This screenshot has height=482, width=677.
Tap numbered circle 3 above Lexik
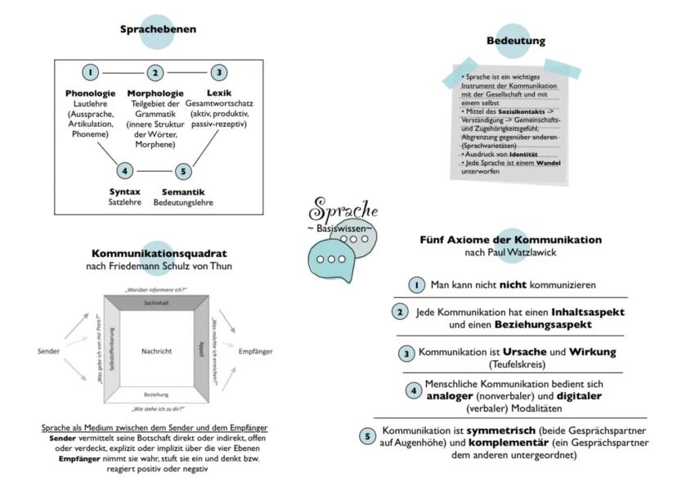[217, 73]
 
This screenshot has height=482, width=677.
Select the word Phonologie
[92, 92]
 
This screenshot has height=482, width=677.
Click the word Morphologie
[155, 92]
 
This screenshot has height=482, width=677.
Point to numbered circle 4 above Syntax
[123, 171]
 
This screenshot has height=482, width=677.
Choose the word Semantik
[182, 191]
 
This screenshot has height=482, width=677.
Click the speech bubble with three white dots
[331, 259]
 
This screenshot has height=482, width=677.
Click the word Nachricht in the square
[155, 351]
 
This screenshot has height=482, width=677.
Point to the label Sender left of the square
[49, 351]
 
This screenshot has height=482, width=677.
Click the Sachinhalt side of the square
[155, 303]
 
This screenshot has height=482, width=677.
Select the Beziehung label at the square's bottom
[155, 394]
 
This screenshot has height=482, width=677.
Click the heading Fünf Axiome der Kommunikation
[510, 240]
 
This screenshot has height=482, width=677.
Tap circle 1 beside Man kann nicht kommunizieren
[417, 285]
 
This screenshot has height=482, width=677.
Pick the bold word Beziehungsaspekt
[519, 324]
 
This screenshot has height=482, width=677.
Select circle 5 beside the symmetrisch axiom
[369, 436]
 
